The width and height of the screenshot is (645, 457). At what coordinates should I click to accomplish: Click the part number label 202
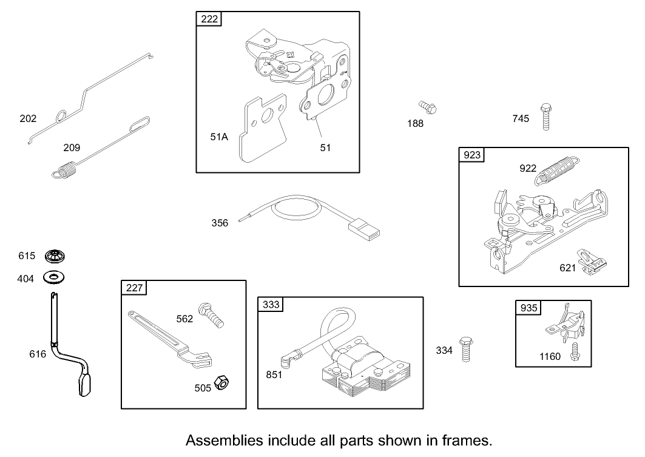[x=28, y=118]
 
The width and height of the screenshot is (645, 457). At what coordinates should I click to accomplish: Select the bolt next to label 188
[x=429, y=108]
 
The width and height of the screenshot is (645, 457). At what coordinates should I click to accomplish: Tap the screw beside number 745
[x=546, y=118]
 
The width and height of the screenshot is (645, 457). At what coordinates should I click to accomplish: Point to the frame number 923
[x=471, y=155]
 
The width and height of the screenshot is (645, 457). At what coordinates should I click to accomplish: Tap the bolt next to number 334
[x=466, y=348]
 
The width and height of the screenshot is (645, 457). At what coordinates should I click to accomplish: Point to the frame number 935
[x=528, y=308]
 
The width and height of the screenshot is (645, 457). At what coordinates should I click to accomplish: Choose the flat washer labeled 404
[x=55, y=278]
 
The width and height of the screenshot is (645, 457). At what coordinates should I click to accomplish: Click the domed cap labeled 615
[x=55, y=256]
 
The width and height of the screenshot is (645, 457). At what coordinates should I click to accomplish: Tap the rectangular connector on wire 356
[x=364, y=231]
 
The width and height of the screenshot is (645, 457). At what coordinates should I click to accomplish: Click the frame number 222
[x=209, y=19]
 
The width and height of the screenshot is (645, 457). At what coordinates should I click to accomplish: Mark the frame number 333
[x=271, y=305]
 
